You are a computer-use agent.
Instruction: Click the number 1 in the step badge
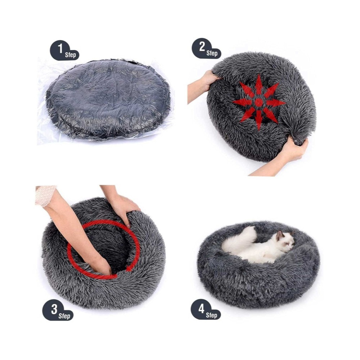(60, 48)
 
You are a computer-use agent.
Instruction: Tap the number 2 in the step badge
(202, 46)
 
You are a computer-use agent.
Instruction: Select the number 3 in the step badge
(54, 309)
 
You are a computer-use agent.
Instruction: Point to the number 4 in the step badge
(201, 309)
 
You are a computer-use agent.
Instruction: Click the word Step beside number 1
(70, 55)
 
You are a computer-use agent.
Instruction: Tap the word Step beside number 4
(211, 315)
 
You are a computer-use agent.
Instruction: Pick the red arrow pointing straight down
(259, 120)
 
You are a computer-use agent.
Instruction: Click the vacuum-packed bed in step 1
(108, 99)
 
